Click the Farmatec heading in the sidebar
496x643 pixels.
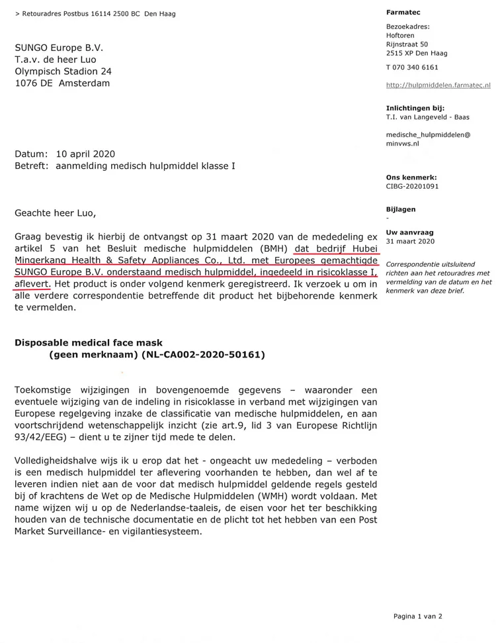click(403, 12)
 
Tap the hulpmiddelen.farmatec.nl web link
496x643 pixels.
click(438, 85)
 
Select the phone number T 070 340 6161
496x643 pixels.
click(412, 68)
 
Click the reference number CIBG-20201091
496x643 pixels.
click(412, 187)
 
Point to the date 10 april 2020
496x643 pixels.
click(85, 154)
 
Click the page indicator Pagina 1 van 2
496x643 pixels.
click(418, 616)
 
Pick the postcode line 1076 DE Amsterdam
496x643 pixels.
click(63, 83)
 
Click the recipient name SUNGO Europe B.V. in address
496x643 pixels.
click(59, 48)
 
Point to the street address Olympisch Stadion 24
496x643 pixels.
click(63, 72)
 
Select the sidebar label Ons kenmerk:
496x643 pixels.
click(411, 177)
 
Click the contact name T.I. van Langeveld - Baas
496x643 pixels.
click(428, 117)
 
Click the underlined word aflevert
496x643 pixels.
click(33, 283)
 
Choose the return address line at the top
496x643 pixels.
click(95, 14)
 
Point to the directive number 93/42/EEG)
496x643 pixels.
click(44, 438)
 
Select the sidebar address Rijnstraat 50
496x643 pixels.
click(407, 44)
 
